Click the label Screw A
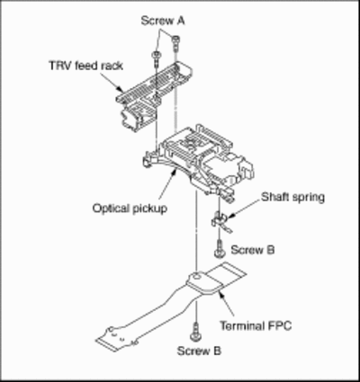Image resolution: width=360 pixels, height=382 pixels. [x=163, y=21]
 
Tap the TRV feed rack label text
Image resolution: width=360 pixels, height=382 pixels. [x=86, y=66]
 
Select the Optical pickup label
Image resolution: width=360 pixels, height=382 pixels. [x=130, y=209]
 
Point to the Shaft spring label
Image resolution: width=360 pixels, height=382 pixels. [x=292, y=198]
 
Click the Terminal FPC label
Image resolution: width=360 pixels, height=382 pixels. [x=256, y=325]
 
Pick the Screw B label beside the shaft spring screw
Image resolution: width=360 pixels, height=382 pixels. [x=253, y=250]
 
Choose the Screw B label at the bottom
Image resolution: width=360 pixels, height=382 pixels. [x=199, y=351]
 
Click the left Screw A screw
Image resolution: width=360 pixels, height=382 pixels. [x=157, y=59]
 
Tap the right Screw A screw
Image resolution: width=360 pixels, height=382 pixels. [x=175, y=43]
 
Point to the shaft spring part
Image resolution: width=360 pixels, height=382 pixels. [x=220, y=222]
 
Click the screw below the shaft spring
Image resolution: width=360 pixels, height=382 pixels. [x=220, y=248]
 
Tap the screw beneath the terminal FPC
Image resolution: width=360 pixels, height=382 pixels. [x=195, y=332]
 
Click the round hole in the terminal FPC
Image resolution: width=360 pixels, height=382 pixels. [x=196, y=274]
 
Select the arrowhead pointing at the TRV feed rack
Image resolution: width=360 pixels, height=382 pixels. [x=121, y=89]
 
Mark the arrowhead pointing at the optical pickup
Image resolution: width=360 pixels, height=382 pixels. [x=174, y=172]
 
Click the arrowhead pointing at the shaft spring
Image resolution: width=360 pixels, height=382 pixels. [x=229, y=216]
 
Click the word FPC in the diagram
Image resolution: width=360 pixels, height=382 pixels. [x=279, y=325]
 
